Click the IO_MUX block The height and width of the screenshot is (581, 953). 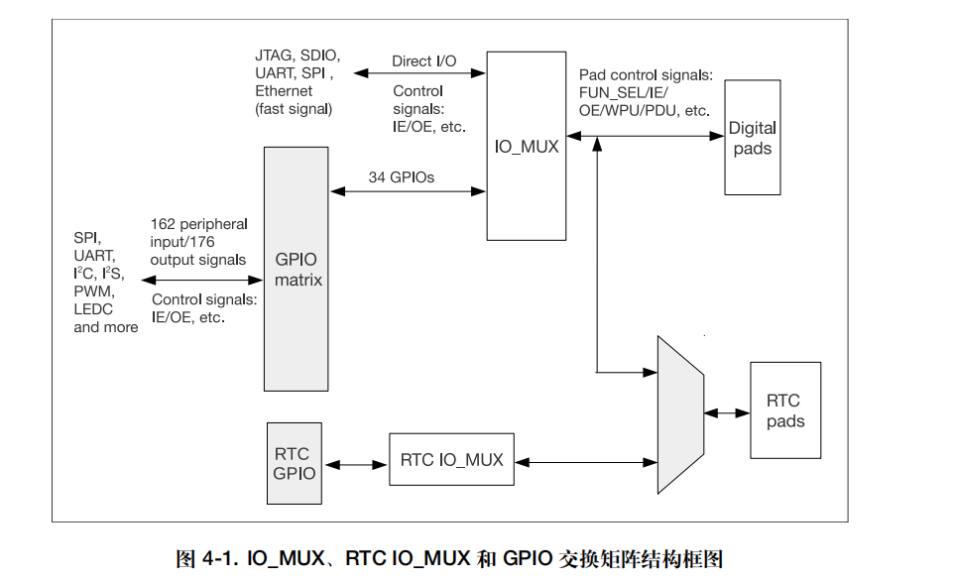(x=527, y=147)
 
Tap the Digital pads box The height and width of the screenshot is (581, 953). (x=752, y=139)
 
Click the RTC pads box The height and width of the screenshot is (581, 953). (x=785, y=410)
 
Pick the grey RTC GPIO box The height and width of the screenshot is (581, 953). (x=295, y=463)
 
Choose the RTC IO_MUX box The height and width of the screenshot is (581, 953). (x=451, y=460)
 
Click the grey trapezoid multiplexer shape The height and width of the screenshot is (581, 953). (x=680, y=414)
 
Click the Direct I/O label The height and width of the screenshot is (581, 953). (x=423, y=61)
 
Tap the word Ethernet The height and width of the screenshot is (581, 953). (x=284, y=91)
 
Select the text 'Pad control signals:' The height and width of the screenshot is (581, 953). (x=646, y=75)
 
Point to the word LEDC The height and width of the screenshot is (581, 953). (x=94, y=309)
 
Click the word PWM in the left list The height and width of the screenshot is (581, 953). (x=93, y=291)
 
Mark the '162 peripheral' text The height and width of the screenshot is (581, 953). (x=199, y=224)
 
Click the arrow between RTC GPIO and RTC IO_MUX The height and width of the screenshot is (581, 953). (x=356, y=463)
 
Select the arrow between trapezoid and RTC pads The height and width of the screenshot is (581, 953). (x=727, y=411)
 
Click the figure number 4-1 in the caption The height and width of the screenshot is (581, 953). (x=219, y=559)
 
